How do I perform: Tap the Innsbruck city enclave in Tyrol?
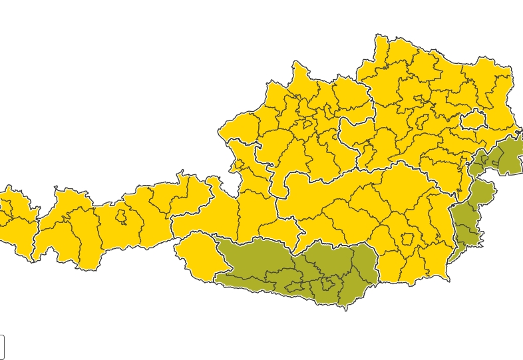(121, 217)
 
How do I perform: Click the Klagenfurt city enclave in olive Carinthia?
(327, 285)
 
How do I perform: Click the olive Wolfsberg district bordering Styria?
(363, 266)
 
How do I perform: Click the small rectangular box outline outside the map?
(1, 347)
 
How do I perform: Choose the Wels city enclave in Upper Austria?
(307, 124)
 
